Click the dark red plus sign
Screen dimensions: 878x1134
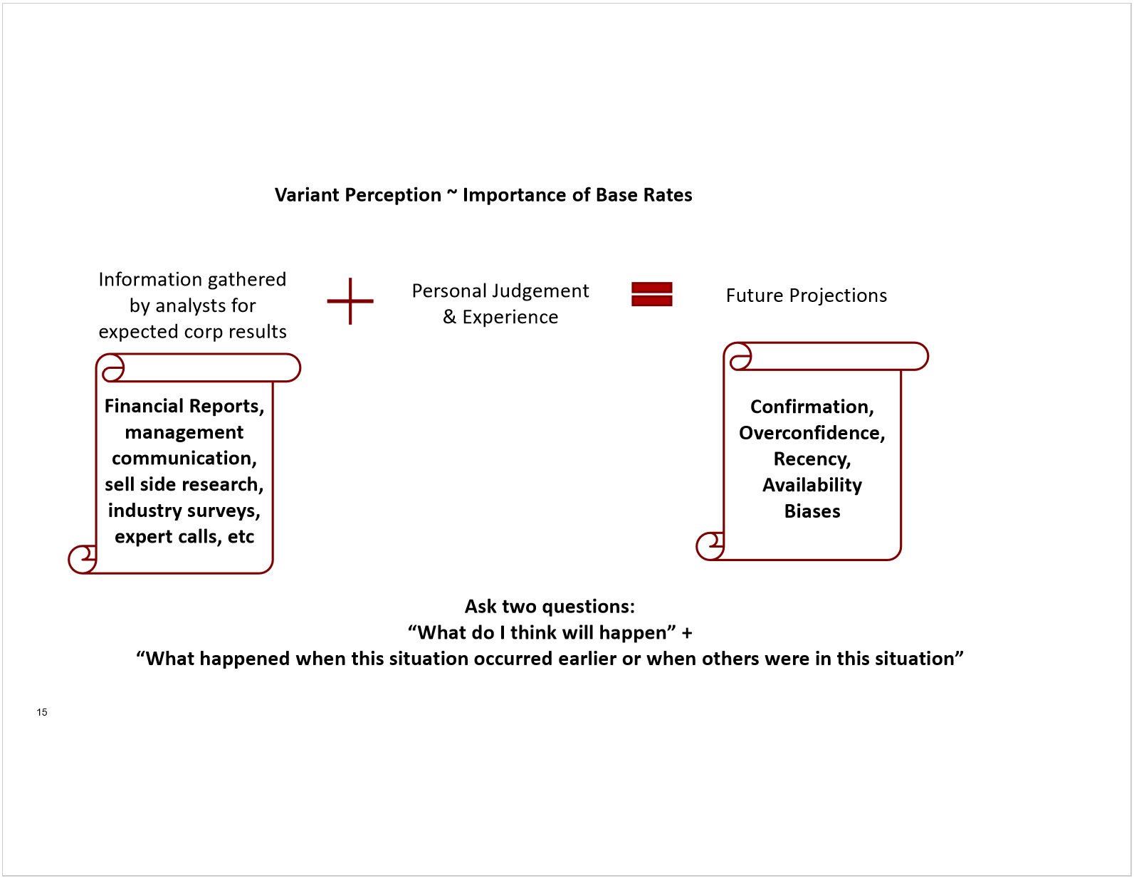tap(350, 301)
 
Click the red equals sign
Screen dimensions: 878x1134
tap(651, 294)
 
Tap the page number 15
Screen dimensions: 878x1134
tap(42, 712)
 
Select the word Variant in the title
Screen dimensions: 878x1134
tap(308, 195)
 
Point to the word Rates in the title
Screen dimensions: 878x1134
tap(668, 195)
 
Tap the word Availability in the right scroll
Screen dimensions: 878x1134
tap(812, 486)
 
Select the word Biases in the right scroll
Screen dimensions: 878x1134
tap(812, 511)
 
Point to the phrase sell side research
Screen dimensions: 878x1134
tap(184, 484)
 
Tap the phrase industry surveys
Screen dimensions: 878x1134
tap(184, 511)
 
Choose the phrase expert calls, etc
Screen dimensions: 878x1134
tap(184, 537)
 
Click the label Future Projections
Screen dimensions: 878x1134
tap(807, 296)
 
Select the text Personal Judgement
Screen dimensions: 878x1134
tap(500, 291)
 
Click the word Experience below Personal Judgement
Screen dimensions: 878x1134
tap(510, 317)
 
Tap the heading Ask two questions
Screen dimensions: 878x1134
tap(550, 607)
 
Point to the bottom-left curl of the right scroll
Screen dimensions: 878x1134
tap(710, 546)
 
